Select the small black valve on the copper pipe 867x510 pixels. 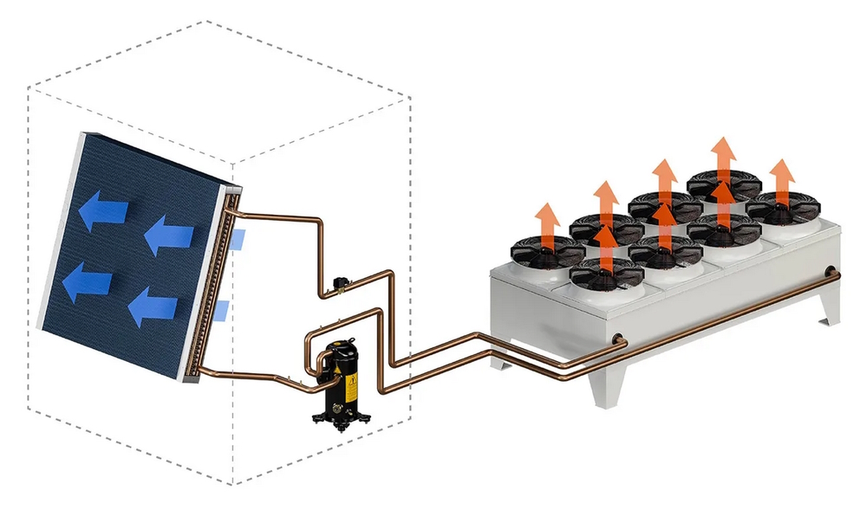click(x=339, y=282)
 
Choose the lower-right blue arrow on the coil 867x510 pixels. click(x=155, y=308)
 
